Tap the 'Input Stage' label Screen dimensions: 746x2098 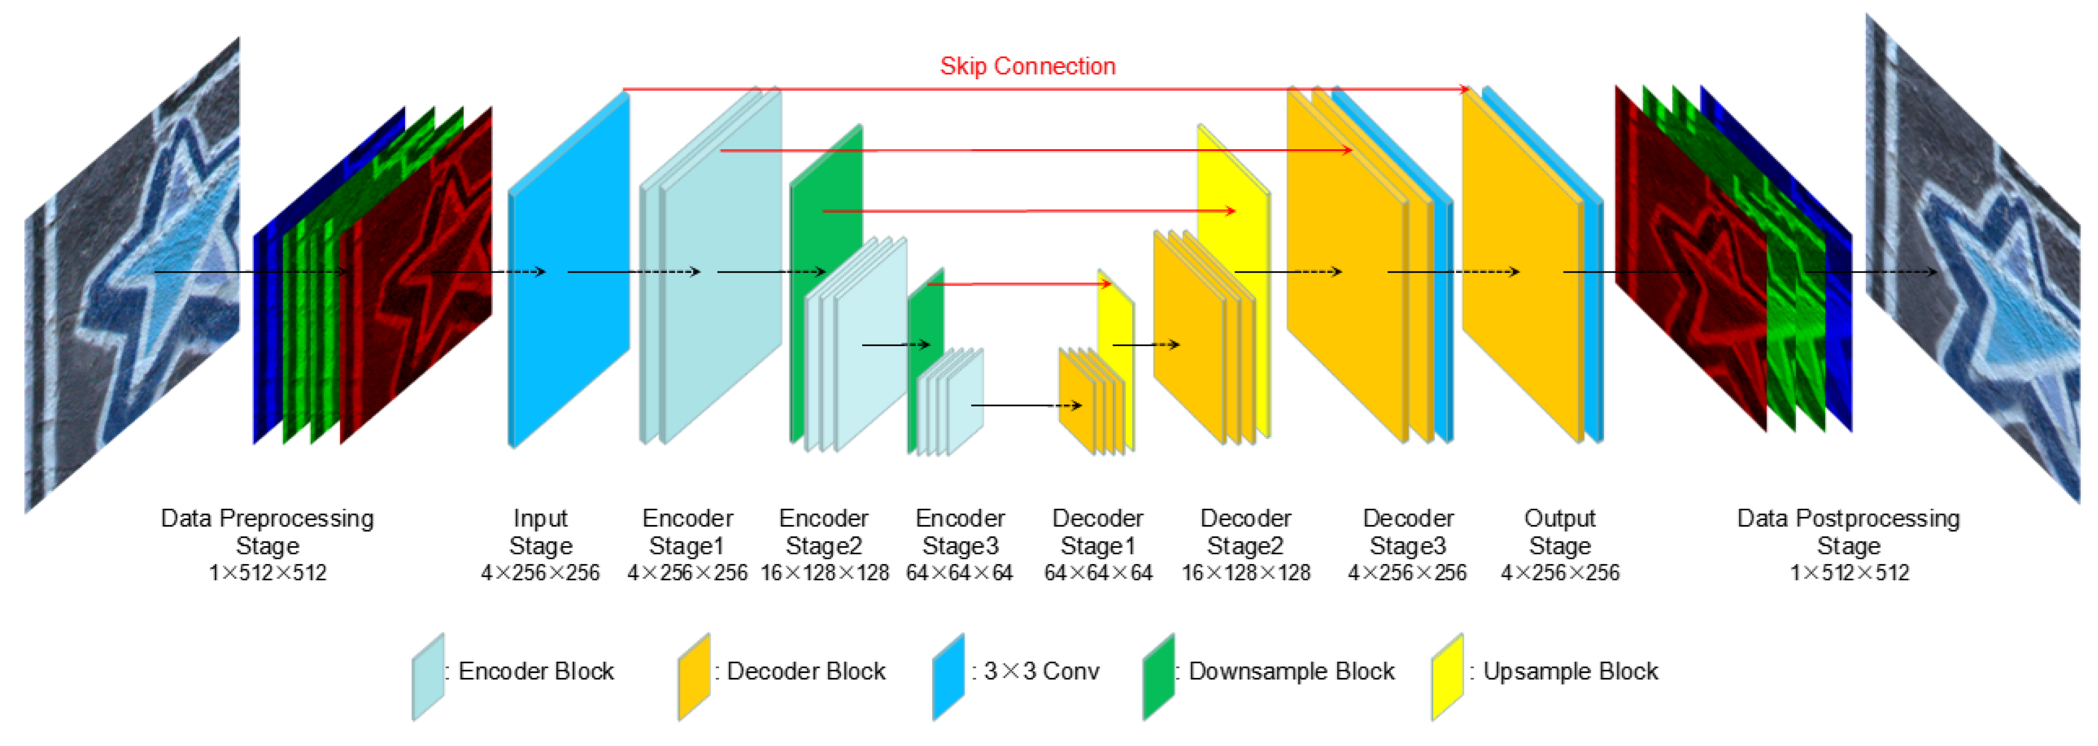coord(540,532)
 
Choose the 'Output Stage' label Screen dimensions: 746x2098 coord(1560,532)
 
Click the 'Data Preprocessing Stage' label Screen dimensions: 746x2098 coord(267,532)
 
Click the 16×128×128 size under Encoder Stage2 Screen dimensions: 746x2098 coord(824,573)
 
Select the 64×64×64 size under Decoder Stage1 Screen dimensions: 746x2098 coord(1098,573)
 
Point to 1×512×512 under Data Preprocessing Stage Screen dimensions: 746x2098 coord(267,573)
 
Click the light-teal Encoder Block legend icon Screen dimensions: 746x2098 coord(427,676)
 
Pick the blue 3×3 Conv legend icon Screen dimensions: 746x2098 coord(948,676)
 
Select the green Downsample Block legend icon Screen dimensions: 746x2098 coord(1158,676)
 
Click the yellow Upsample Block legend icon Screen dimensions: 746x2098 coord(1447,676)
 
